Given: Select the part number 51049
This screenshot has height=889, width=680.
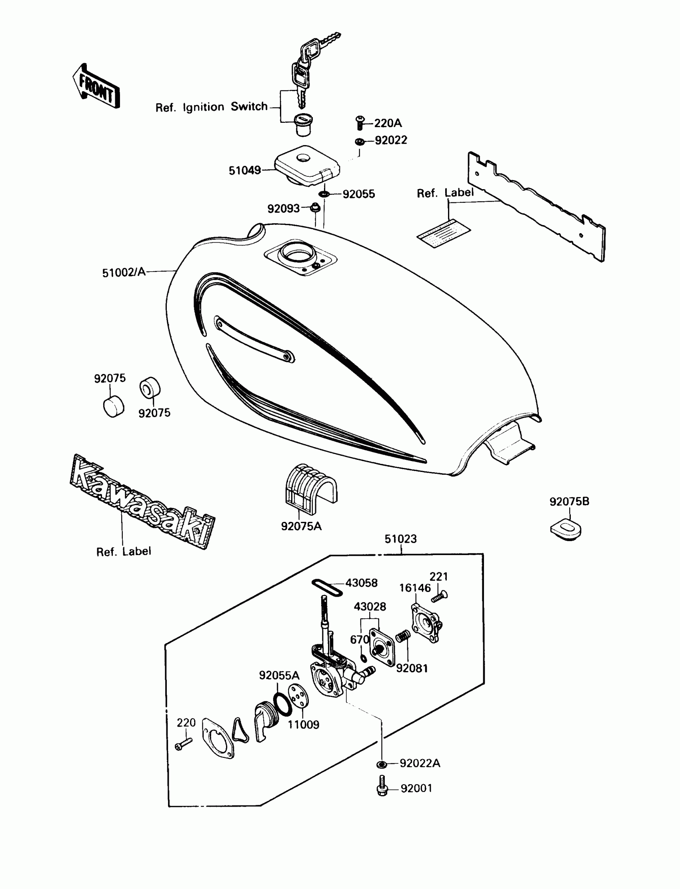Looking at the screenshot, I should tap(244, 170).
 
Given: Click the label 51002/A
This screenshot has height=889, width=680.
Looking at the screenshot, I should tap(124, 272).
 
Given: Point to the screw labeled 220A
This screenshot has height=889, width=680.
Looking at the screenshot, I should tap(360, 123).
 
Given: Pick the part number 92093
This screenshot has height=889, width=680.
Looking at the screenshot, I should tap(283, 208).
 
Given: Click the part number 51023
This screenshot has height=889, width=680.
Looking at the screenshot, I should tap(400, 539).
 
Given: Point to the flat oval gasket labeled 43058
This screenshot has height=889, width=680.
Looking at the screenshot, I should tap(327, 587).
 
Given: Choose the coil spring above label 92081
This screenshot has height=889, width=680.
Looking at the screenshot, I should tap(403, 636).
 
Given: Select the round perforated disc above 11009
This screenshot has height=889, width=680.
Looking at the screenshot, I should tap(298, 696).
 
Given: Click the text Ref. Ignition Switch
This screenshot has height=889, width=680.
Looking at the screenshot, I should tap(211, 107).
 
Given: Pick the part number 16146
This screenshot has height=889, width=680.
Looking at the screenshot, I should tap(415, 588).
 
